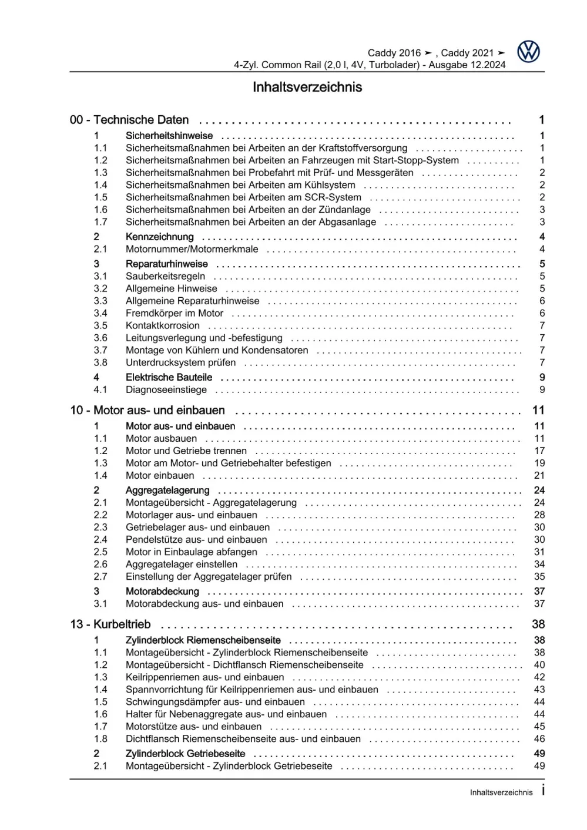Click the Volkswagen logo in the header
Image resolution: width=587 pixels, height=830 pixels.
[528, 52]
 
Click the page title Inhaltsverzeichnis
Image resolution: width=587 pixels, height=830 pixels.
[307, 87]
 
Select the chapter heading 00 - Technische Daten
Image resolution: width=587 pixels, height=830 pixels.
[129, 120]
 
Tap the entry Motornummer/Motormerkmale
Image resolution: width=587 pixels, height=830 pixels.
[192, 249]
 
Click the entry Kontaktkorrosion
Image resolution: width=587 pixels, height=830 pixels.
[162, 325]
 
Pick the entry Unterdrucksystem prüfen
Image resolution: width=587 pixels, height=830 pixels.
[180, 362]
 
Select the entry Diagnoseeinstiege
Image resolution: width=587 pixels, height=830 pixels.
[166, 389]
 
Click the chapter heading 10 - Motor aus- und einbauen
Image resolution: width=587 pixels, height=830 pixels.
[147, 410]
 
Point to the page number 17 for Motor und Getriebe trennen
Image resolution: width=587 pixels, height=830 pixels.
[539, 451]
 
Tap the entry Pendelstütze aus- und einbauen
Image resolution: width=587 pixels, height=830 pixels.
[196, 539]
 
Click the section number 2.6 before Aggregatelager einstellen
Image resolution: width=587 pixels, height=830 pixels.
[100, 564]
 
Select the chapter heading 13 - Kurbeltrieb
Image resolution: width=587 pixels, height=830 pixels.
[110, 624]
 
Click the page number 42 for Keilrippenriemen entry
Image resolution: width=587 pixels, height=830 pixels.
[539, 677]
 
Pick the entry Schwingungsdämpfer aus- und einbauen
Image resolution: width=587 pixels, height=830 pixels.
[215, 701]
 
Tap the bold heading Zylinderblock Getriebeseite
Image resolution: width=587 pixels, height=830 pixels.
[185, 753]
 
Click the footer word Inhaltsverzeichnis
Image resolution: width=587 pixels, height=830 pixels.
[501, 792]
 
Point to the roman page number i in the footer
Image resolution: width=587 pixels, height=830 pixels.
[543, 791]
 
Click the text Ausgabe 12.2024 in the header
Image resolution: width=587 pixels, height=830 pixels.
[467, 65]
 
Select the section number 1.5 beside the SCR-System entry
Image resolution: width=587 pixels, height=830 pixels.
[100, 197]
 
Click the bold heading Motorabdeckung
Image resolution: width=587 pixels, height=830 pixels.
[162, 591]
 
